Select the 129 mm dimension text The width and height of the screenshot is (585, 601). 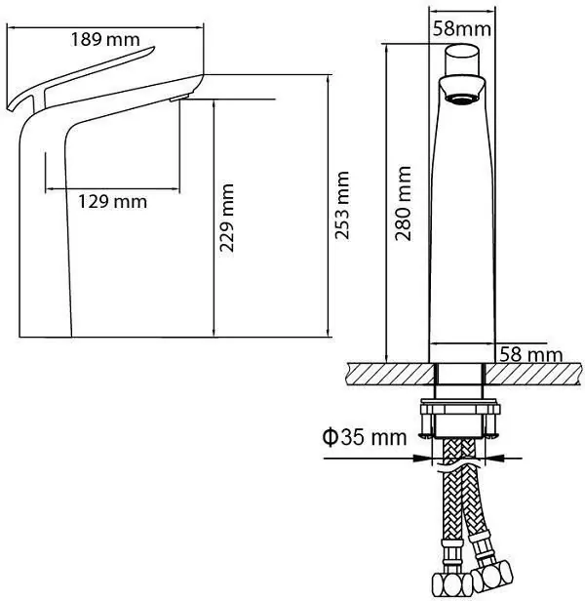112,201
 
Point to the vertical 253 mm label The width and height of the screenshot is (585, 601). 342,207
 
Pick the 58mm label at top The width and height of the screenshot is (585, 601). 460,28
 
